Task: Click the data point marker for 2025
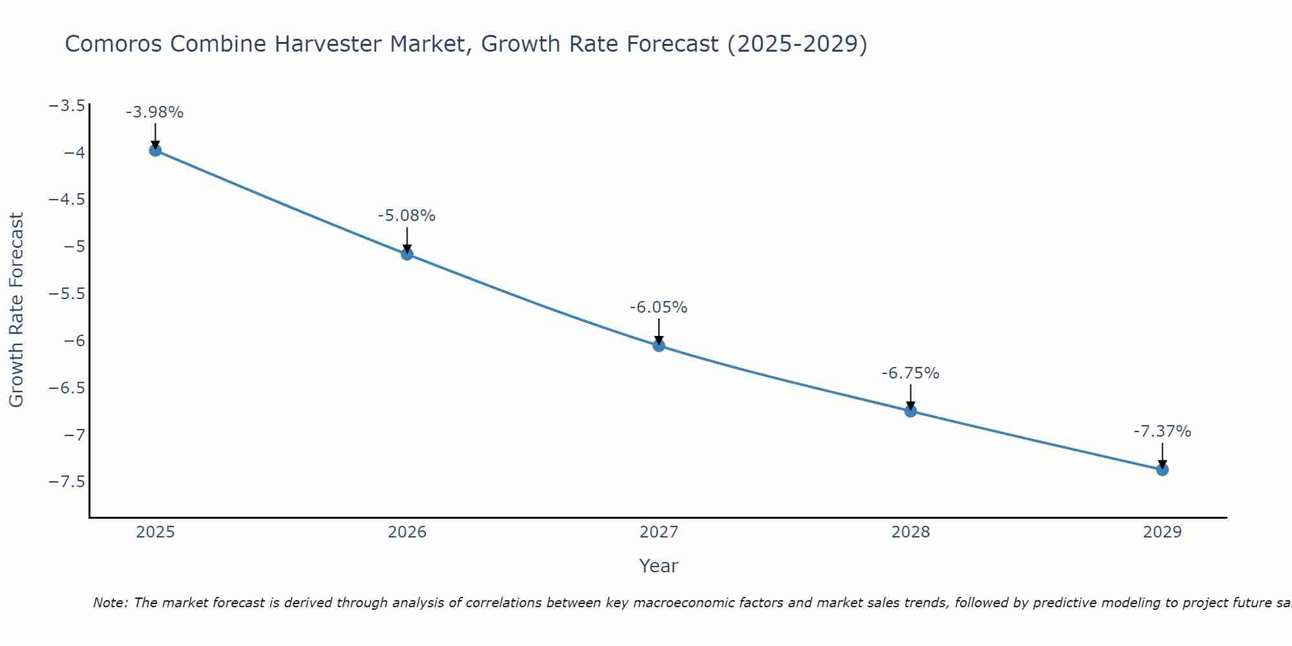pyautogui.click(x=155, y=151)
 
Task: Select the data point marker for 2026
pyautogui.click(x=407, y=254)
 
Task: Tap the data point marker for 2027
pyautogui.click(x=659, y=346)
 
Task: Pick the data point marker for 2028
pyautogui.click(x=911, y=411)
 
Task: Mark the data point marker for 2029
pyautogui.click(x=1162, y=470)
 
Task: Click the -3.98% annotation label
pyautogui.click(x=155, y=112)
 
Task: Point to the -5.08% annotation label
pyautogui.click(x=407, y=216)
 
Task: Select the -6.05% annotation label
pyautogui.click(x=659, y=307)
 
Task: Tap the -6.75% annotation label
pyautogui.click(x=911, y=373)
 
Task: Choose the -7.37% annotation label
pyautogui.click(x=1162, y=432)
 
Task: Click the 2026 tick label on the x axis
pyautogui.click(x=407, y=532)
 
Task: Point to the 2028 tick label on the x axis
pyautogui.click(x=911, y=532)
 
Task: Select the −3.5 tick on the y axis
pyautogui.click(x=67, y=105)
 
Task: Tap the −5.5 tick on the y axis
pyautogui.click(x=67, y=294)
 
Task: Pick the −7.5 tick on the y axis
pyautogui.click(x=67, y=482)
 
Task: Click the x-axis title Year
pyautogui.click(x=659, y=566)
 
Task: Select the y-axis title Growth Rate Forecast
pyautogui.click(x=17, y=310)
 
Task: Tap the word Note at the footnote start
pyautogui.click(x=110, y=603)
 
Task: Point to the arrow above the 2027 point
pyautogui.click(x=659, y=331)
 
